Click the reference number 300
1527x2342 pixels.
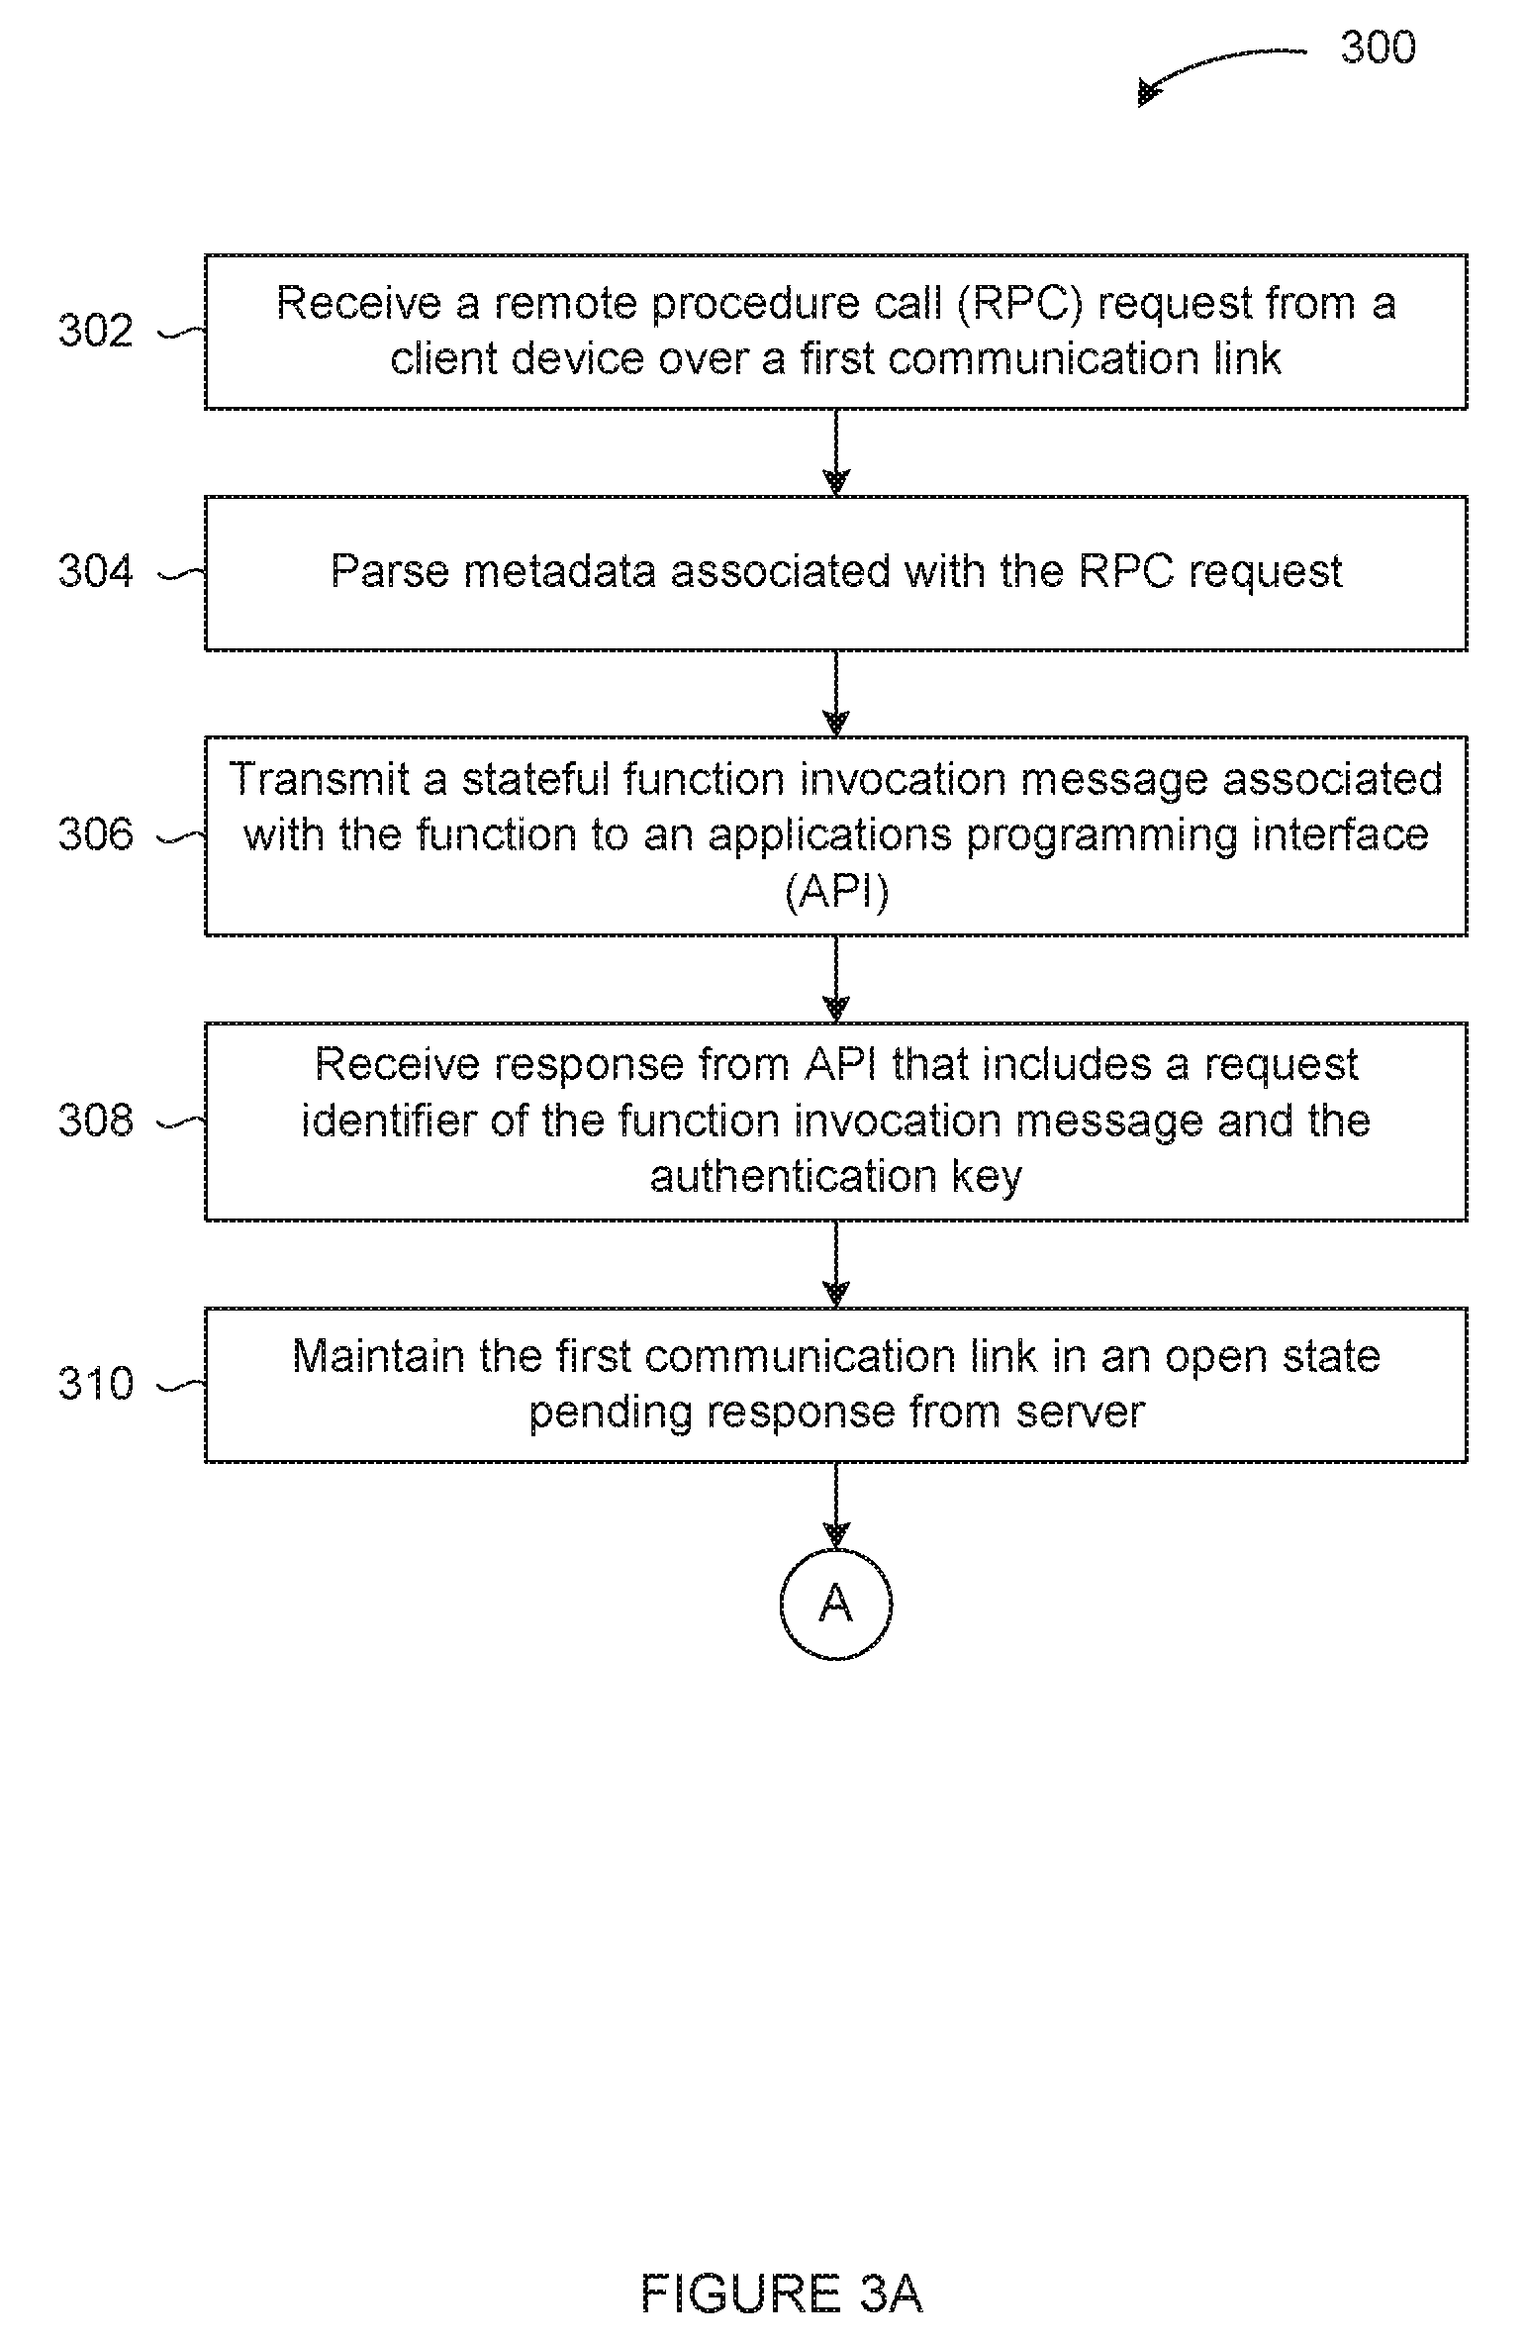pos(1378,48)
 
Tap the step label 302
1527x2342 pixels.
pos(95,331)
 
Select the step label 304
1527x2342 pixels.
pos(95,572)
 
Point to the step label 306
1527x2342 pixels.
pos(95,834)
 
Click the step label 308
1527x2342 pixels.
pos(95,1121)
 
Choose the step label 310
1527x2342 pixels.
pos(95,1383)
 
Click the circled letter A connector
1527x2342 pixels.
pos(836,1603)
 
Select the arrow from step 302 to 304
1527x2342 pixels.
pos(836,452)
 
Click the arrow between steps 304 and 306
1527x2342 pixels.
pos(836,693)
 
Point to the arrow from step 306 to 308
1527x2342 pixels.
pos(836,979)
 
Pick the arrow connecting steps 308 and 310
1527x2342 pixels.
pos(836,1264)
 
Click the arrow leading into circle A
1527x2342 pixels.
pos(836,1505)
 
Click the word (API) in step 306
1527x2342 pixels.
pos(836,892)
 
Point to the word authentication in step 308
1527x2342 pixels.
pos(793,1176)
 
